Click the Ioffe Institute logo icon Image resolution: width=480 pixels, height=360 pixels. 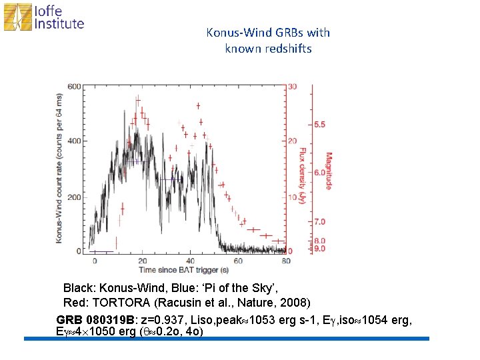[17, 17]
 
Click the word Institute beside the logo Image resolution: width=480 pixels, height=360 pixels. [59, 23]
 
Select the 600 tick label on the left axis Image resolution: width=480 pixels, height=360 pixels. [75, 87]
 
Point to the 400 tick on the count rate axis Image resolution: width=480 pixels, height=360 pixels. [75, 141]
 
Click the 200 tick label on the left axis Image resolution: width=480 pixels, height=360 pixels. [75, 197]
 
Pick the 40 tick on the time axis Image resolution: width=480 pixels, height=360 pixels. [190, 261]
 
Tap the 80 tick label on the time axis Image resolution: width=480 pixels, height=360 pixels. [286, 261]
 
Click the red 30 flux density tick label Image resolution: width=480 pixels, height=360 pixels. [293, 86]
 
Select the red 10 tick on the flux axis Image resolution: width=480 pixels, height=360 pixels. [293, 197]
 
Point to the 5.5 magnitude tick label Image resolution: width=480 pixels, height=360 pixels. [319, 125]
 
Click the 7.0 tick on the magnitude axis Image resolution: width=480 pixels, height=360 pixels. [319, 221]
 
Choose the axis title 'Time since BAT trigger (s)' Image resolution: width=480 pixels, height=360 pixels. [184, 270]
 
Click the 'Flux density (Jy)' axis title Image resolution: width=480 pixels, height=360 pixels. [303, 175]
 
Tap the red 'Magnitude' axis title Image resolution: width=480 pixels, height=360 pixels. [329, 171]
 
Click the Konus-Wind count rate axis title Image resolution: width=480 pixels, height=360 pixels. [59, 169]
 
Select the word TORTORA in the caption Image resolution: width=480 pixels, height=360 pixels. [121, 303]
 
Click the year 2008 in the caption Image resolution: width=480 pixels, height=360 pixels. [293, 303]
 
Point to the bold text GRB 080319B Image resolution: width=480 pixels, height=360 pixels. [95, 320]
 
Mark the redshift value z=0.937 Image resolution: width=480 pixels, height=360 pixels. [163, 320]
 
